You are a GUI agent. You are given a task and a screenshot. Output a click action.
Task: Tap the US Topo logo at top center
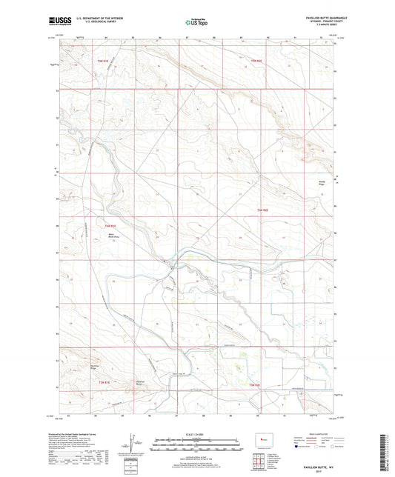(196, 23)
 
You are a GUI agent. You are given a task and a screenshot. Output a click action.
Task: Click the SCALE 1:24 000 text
(196, 433)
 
